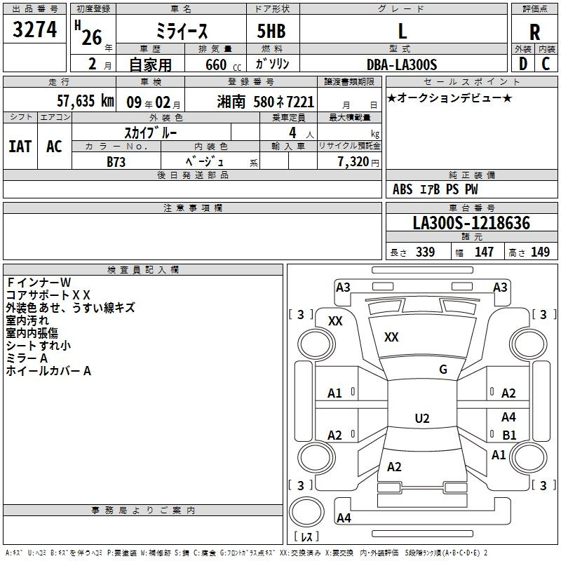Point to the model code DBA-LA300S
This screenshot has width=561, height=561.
tap(402, 65)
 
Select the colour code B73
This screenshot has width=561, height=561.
tap(116, 161)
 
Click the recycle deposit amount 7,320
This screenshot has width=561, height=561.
tap(353, 161)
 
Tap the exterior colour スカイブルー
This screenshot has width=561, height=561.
tap(151, 133)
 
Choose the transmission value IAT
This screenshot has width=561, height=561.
tap(20, 147)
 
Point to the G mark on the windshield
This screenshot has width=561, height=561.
tap(443, 370)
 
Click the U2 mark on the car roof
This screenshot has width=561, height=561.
tap(422, 418)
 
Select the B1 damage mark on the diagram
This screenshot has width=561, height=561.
tap(509, 435)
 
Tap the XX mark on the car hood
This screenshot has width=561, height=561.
tap(391, 337)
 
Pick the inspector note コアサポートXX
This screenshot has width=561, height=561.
tap(48, 295)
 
